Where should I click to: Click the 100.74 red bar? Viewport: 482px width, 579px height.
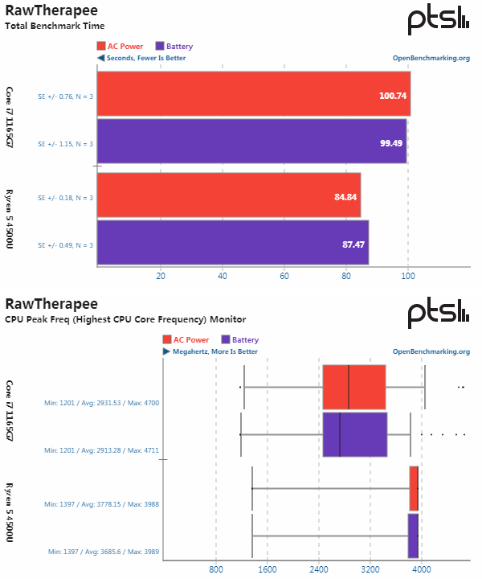[253, 95]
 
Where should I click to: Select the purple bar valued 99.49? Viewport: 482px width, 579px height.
[251, 142]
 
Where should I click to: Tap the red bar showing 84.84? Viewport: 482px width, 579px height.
[228, 196]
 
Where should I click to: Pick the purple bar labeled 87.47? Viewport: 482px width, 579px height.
[232, 242]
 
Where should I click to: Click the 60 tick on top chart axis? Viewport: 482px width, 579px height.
[284, 277]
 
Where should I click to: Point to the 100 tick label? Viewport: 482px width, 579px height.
[408, 277]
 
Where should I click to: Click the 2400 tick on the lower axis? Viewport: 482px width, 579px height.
[318, 569]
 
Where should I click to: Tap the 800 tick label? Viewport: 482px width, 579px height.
[216, 569]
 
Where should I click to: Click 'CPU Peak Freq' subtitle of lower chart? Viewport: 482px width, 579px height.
[125, 319]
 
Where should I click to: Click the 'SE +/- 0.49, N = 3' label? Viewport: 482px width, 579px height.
[66, 244]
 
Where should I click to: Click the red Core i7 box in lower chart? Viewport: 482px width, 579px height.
[353, 387]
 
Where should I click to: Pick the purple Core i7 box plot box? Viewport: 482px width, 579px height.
[354, 434]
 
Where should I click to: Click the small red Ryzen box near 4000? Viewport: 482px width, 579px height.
[414, 488]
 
